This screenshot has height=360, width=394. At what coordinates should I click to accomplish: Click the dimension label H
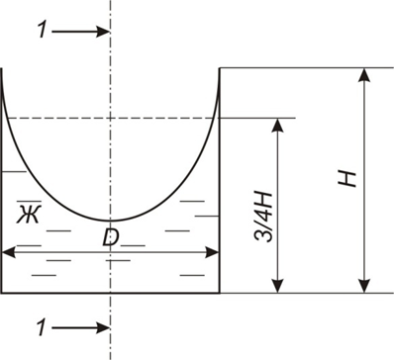tap(347, 179)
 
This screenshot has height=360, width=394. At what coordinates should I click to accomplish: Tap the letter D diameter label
tap(110, 237)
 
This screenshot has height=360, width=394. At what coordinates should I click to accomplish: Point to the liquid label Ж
tap(29, 214)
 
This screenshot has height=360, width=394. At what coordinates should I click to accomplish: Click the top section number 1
tap(42, 31)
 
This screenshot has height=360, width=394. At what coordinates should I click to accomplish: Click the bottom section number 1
tap(41, 327)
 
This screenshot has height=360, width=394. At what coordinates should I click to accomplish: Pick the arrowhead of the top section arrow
tap(102, 32)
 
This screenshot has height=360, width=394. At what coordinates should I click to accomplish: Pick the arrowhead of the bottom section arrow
tap(102, 328)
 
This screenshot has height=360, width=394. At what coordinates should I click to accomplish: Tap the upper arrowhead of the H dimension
tap(364, 76)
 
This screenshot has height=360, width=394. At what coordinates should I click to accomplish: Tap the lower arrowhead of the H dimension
tap(364, 285)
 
